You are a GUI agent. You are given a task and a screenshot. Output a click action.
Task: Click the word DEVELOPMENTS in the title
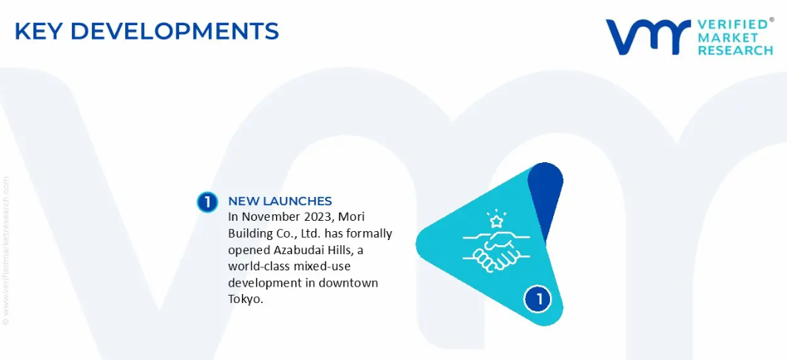click(175, 31)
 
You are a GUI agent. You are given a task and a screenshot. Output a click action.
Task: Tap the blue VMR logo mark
click(648, 37)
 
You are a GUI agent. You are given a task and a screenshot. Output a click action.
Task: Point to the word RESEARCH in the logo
click(735, 50)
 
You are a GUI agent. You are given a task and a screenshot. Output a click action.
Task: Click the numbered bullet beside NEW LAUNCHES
click(207, 201)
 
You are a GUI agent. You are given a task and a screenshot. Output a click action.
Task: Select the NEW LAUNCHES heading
click(280, 201)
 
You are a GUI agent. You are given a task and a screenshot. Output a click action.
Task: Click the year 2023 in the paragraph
click(317, 217)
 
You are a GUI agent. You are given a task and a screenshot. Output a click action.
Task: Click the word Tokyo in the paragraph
click(246, 300)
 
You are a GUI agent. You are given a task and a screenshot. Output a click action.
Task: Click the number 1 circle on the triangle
click(538, 300)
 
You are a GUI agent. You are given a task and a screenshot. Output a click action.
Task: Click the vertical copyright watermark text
click(6, 250)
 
